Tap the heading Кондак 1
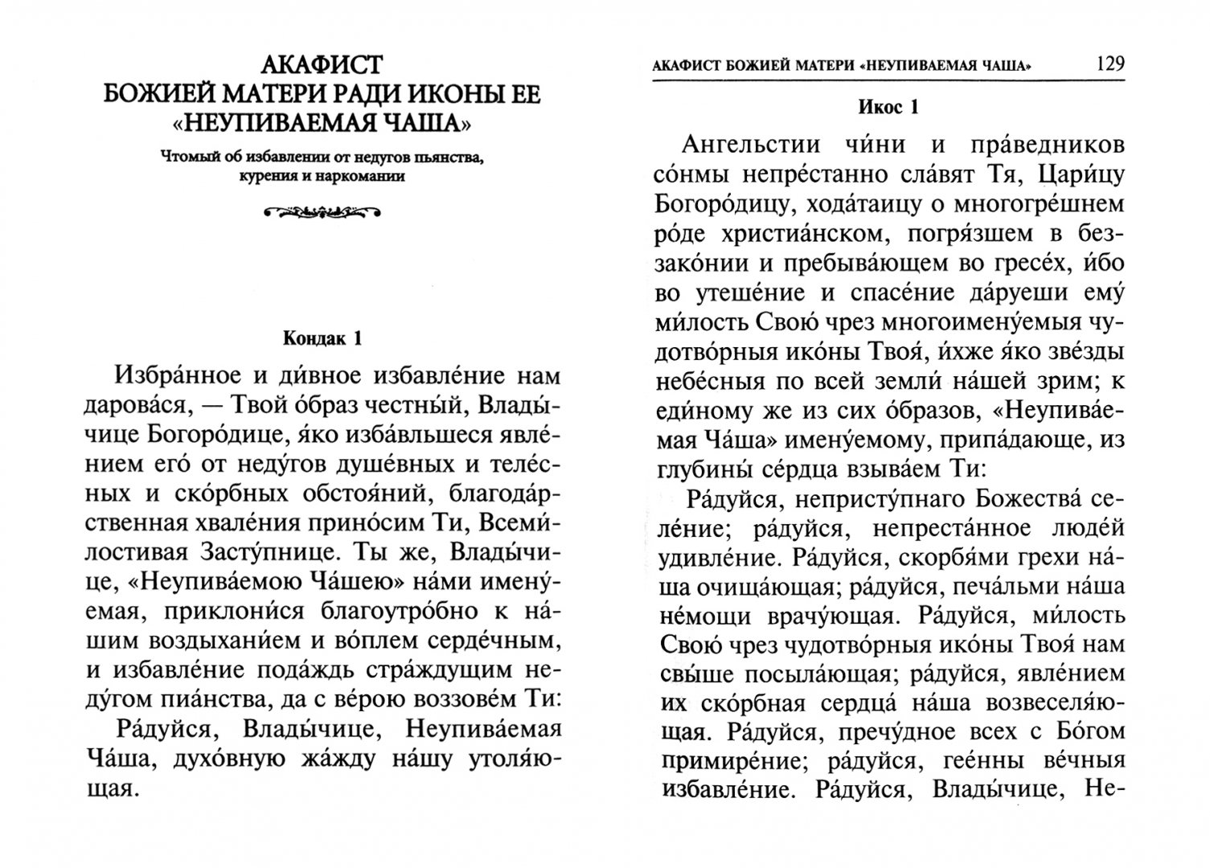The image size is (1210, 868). tap(322, 338)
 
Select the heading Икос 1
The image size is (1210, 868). tap(888, 108)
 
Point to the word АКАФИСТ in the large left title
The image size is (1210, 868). tap(322, 63)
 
